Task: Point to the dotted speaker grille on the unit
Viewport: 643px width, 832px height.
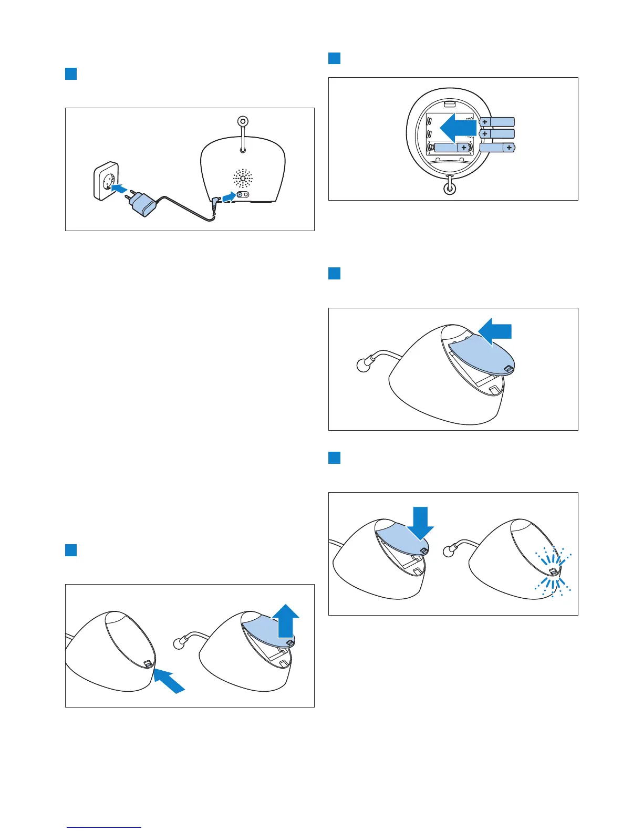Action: (x=243, y=179)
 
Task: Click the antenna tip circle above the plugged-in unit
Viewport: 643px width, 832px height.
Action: (x=243, y=121)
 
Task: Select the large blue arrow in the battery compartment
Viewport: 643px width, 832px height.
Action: (x=457, y=128)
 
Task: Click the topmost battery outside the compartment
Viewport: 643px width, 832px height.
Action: (x=496, y=122)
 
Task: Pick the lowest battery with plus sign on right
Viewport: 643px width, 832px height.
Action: (x=497, y=148)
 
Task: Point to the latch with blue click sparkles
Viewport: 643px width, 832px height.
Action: (x=553, y=571)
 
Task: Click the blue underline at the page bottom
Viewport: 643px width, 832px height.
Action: (x=104, y=828)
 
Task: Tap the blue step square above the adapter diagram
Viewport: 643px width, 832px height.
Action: (x=71, y=74)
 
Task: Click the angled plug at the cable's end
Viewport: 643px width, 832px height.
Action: (x=215, y=202)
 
